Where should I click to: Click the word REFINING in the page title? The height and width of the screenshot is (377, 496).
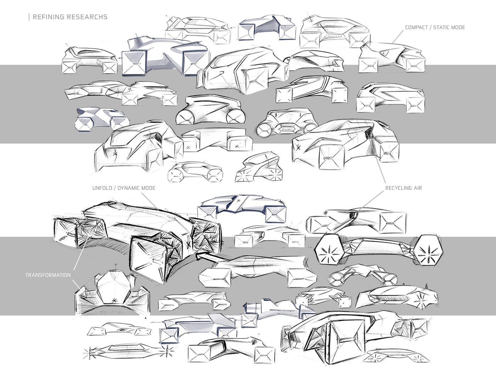48,17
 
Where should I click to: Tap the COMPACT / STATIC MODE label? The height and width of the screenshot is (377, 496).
435,27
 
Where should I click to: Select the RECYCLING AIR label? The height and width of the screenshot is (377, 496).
404,188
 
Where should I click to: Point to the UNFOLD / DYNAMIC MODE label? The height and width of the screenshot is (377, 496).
124,188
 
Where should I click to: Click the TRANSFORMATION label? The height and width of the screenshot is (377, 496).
48,275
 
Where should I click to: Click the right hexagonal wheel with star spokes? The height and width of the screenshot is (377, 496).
428,250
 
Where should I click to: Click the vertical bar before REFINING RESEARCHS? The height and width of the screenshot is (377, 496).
29,17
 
